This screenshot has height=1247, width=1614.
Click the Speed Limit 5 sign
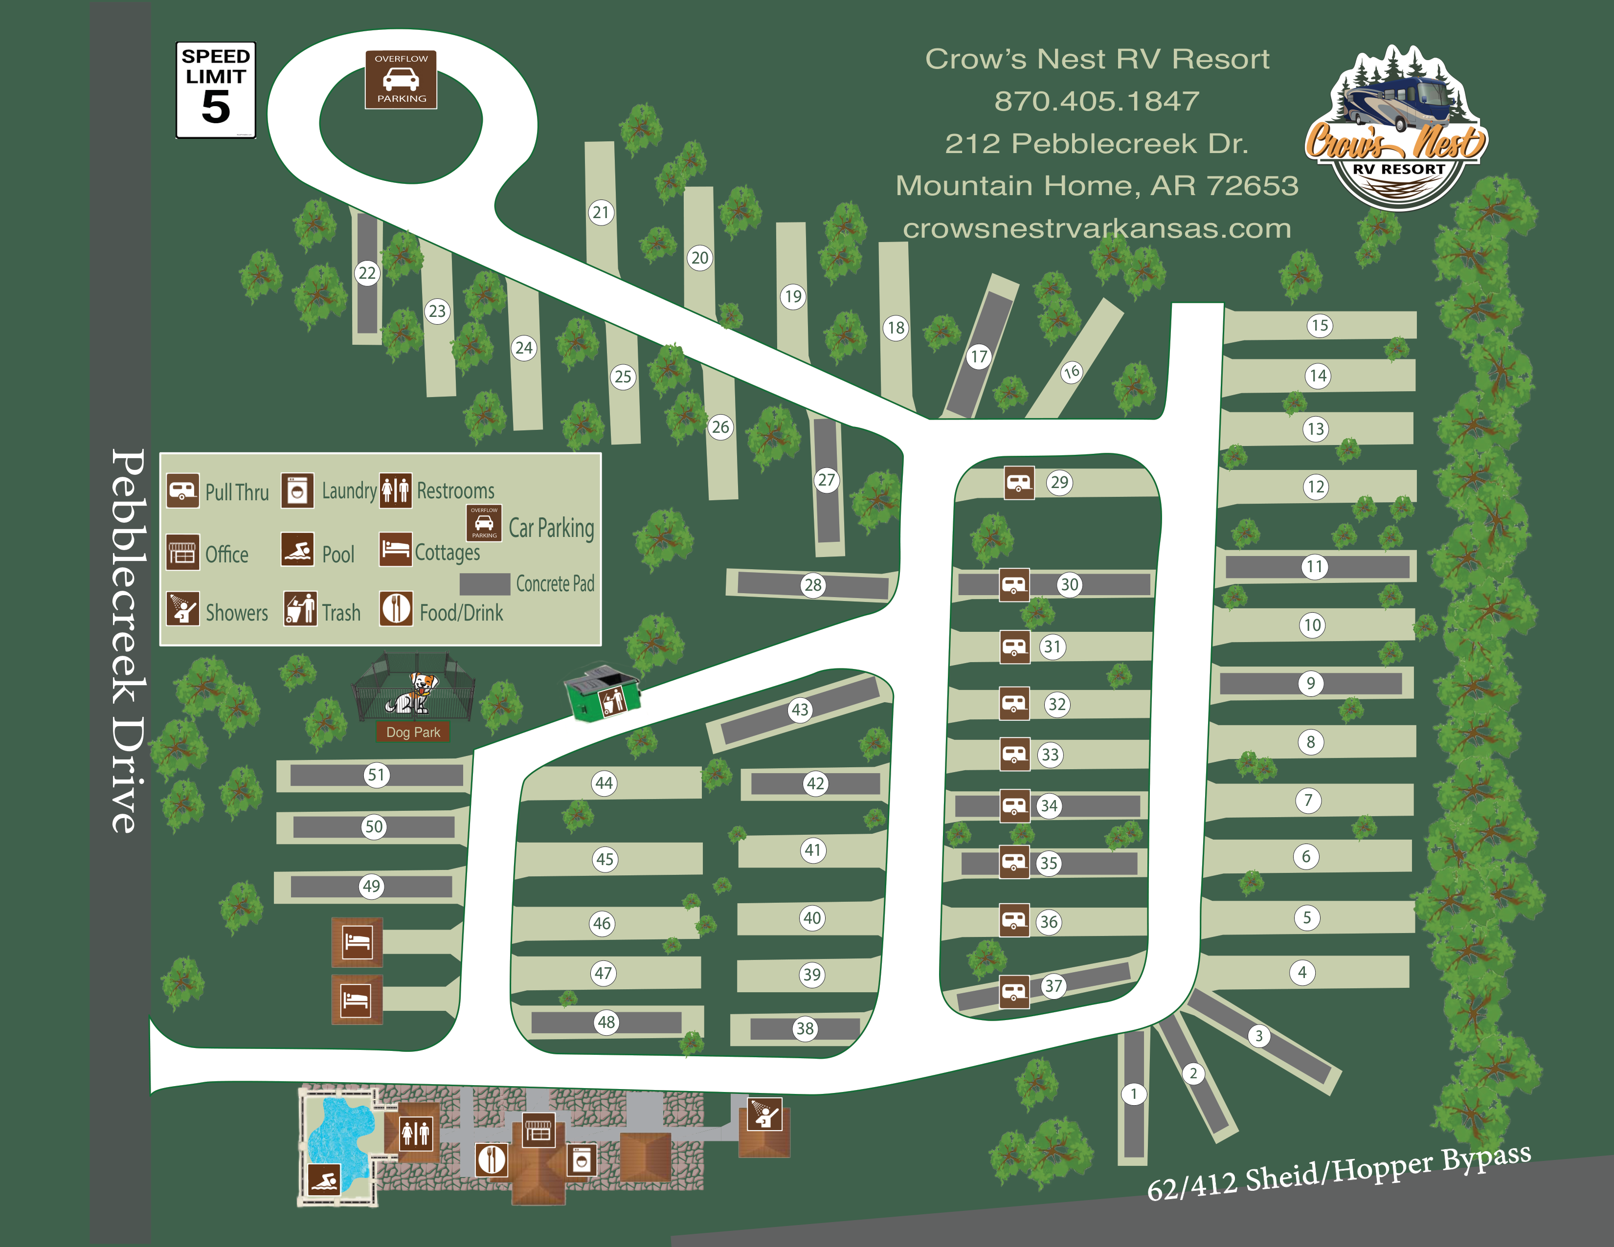point(216,90)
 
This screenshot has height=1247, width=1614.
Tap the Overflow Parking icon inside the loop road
point(401,80)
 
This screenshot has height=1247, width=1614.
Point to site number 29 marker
point(1059,482)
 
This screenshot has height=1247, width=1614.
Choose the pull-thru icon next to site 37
point(1014,991)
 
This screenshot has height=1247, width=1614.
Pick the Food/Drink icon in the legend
point(396,609)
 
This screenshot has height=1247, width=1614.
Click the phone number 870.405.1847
point(1097,101)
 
